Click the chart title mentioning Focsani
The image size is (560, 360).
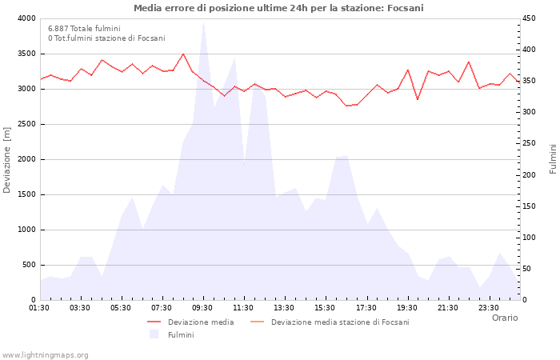coord(279,8)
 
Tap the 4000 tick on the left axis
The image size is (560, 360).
coord(26,18)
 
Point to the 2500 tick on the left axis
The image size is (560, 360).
coord(26,124)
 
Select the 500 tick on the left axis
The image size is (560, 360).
coord(29,265)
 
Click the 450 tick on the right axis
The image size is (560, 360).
coord(530,18)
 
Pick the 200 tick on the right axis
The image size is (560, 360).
coord(530,174)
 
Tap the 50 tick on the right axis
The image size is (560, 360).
coord(528,269)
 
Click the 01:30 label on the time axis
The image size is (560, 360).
coord(40,308)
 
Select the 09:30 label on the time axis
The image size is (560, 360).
coord(203,308)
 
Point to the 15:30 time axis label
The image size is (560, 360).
coord(326,308)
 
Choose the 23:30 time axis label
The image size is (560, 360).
coord(489,308)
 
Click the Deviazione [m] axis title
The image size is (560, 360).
coord(8,159)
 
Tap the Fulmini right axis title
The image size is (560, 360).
coord(553,159)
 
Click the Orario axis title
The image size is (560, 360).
coord(504,318)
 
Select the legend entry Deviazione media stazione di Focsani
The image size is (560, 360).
coord(340,322)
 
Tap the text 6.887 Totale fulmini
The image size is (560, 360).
coord(84,29)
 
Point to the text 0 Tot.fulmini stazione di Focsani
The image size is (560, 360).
coord(106,38)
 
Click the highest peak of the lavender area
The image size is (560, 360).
coord(203,21)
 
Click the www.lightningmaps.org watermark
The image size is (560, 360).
coord(45,355)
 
